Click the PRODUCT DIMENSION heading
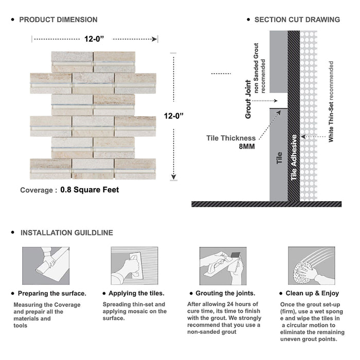tap(58, 20)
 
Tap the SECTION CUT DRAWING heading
tap(297, 20)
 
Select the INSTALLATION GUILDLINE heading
tap(66, 232)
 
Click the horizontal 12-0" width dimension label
tap(95, 38)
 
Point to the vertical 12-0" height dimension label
tap(174, 116)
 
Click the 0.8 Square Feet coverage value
tap(89, 190)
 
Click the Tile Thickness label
tap(231, 138)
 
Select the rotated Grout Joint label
tap(248, 99)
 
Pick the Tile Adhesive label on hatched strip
tap(294, 157)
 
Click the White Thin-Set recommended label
tap(331, 101)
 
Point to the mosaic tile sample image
tap(93, 115)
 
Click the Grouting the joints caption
tap(225, 293)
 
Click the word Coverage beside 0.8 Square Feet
tap(36, 190)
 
